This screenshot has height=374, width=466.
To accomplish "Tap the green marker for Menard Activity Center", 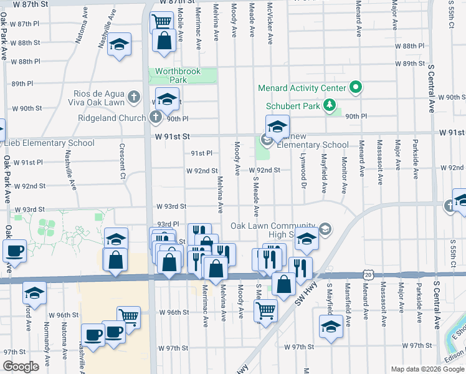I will pyautogui.click(x=356, y=87).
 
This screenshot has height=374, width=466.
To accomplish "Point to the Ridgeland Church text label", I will pyautogui.click(x=112, y=118).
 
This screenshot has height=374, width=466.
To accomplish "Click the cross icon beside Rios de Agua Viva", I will pyautogui.click(x=133, y=97).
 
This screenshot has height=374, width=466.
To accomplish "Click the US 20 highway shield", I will pyautogui.click(x=369, y=274).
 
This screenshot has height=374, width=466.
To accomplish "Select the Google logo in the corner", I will pyautogui.click(x=21, y=367).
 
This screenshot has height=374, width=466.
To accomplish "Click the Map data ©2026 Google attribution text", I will pyautogui.click(x=427, y=369).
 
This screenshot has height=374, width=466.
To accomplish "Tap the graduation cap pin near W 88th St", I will pyautogui.click(x=118, y=45).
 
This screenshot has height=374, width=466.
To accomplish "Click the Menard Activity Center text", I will pyautogui.click(x=305, y=87).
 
